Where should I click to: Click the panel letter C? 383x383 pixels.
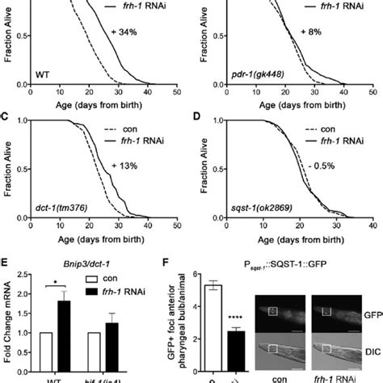pos(6,119)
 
